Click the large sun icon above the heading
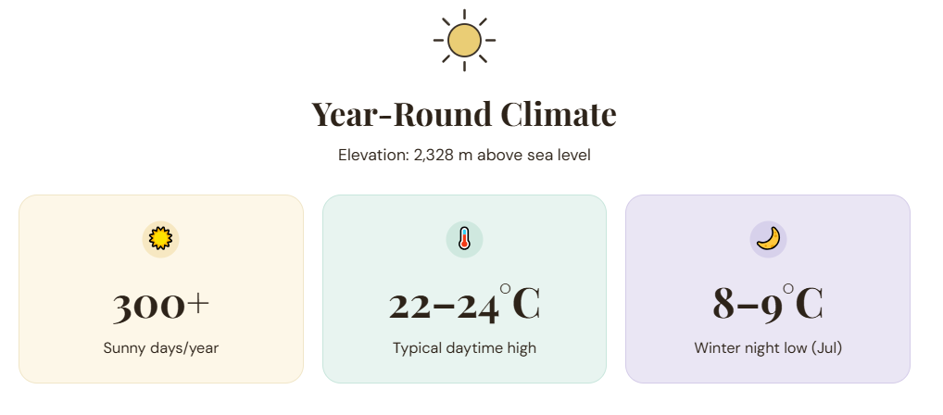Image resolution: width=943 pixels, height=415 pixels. tap(464, 41)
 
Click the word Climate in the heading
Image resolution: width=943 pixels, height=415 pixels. tap(559, 114)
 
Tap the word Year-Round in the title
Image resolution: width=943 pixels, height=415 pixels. tap(402, 114)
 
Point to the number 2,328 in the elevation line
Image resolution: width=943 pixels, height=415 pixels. tap(433, 156)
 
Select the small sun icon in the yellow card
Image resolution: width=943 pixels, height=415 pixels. tap(160, 239)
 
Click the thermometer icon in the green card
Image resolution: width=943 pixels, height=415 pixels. tap(464, 239)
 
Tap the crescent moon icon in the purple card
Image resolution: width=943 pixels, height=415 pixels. tap(768, 238)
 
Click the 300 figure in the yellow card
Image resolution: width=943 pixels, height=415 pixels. tap(148, 306)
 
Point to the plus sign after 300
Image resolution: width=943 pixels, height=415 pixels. tap(198, 304)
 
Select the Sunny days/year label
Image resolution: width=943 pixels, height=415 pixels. tap(160, 348)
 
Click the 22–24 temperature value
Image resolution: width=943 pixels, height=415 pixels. tap(444, 306)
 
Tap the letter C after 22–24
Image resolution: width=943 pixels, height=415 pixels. tap(526, 305)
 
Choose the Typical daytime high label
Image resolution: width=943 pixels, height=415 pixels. tap(464, 348)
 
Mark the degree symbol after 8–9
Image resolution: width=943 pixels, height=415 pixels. tap(787, 290)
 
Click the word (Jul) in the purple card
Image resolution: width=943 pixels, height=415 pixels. tap(827, 348)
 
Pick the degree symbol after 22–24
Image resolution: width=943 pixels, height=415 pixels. tap(505, 290)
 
